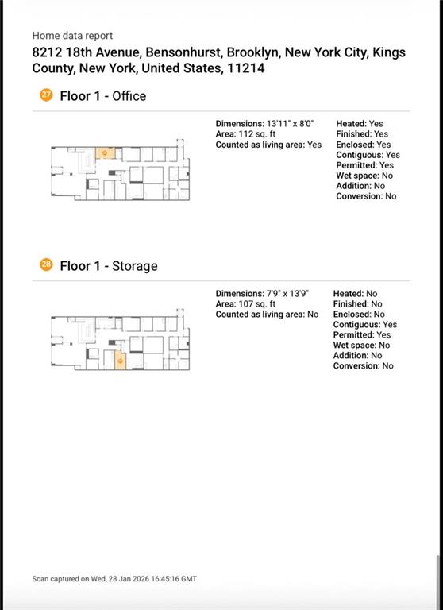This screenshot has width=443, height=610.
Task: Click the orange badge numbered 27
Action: (46, 95)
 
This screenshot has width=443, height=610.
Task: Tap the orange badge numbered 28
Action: (46, 264)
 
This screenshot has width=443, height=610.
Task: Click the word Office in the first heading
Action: (129, 96)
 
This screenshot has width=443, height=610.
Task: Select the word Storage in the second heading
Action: (135, 266)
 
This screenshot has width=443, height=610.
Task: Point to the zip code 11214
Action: (246, 68)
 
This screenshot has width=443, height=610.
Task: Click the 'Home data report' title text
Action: (72, 36)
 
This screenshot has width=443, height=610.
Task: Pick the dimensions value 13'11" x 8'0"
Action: (290, 124)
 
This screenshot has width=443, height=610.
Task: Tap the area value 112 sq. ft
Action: (256, 134)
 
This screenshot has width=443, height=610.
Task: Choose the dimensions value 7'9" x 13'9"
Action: (287, 294)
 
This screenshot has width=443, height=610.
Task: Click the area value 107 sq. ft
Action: (256, 304)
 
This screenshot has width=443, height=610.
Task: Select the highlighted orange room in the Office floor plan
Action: (106, 153)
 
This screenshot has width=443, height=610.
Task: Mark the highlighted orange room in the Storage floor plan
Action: (121, 361)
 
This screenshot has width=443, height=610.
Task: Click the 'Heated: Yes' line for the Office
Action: (360, 124)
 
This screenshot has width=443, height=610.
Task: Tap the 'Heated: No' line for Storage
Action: (355, 294)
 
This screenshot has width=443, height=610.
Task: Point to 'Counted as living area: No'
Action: (268, 315)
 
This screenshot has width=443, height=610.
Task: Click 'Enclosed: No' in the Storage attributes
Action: (359, 315)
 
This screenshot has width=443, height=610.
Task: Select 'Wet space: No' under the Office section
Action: (364, 176)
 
